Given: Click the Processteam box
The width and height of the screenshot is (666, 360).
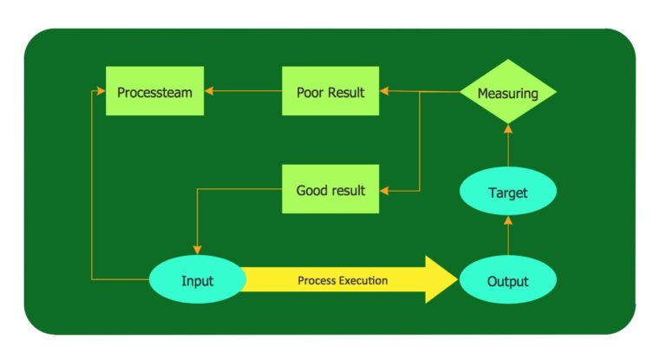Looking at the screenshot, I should click(154, 90).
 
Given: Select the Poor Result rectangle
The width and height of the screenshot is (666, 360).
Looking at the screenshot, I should click(330, 90).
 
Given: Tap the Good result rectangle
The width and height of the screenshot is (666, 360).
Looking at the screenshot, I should click(330, 189).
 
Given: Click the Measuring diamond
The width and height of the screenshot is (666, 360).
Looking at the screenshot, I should click(507, 91).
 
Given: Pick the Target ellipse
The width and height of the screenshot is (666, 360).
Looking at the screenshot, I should click(507, 192).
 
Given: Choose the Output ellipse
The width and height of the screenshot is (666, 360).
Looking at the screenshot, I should click(507, 280).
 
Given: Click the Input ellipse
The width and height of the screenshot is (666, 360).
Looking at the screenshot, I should click(197, 280).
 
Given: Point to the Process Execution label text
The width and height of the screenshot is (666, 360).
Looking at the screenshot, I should click(343, 280).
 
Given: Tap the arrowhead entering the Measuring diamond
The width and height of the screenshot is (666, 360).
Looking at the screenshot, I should click(508, 128).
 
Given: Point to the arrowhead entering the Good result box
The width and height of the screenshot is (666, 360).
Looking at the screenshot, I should click(385, 189).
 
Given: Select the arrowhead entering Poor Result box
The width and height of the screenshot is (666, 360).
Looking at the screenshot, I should click(385, 90).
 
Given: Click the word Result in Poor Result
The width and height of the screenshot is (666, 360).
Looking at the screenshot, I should click(346, 91).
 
